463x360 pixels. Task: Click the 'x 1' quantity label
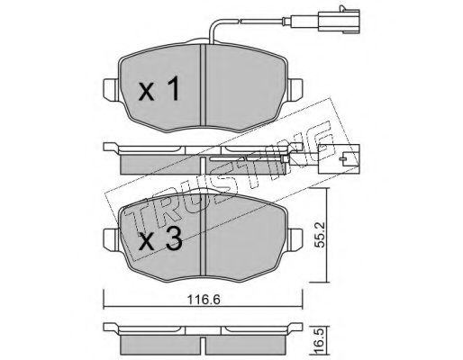click(159, 88)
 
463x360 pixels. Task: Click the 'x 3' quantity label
click(160, 238)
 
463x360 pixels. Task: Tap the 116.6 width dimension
click(204, 300)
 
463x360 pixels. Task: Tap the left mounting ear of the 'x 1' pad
click(112, 88)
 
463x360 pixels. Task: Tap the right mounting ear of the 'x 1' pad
click(295, 89)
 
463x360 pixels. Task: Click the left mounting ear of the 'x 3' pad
click(112, 238)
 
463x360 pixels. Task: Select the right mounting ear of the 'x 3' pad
click(295, 239)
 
